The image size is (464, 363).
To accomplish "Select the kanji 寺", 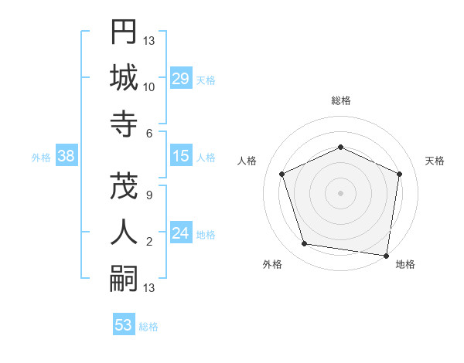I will pos(124,124).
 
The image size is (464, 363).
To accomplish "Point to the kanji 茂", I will pos(124,185).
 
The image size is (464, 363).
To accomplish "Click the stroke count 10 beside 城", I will pos(149,87).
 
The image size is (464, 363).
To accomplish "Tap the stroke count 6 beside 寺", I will pos(149,134).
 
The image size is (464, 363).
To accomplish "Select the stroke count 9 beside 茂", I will pos(149,195).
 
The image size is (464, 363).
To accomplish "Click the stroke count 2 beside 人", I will pos(149,242).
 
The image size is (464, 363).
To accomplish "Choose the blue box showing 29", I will pos(180,79).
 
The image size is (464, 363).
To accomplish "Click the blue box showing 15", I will pos(180,156).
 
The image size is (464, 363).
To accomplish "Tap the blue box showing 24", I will pos(180,233).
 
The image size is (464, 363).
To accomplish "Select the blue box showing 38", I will pos(66,156).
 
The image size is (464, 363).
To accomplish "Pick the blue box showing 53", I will pos(123,324).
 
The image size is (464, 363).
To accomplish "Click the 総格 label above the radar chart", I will pos(340,100).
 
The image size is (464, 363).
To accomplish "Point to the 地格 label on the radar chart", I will pos(405,264).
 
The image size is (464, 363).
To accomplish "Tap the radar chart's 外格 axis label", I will pos(272,264).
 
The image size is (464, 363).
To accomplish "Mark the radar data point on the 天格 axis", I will pos(399,174).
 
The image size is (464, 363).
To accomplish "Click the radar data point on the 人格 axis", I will pos(282,174).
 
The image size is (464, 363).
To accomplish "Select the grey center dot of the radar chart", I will pos(340,192).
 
